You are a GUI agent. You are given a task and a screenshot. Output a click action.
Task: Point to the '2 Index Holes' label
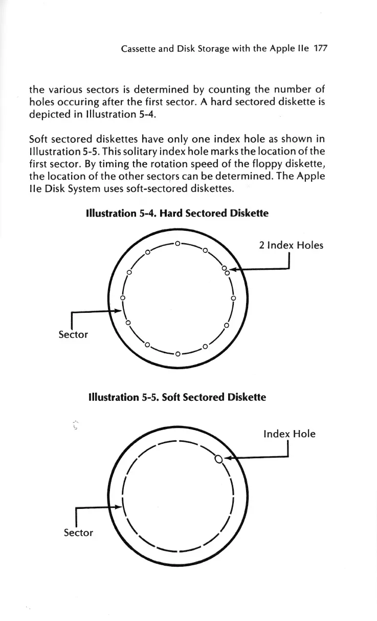(291, 245)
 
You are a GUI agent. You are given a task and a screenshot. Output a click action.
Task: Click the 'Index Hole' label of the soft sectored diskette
(289, 434)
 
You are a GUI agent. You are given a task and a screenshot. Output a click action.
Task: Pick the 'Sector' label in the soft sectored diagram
(78, 532)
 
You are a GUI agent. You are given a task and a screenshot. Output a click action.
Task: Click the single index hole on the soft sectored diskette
(218, 459)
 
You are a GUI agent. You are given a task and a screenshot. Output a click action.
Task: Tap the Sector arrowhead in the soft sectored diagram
(118, 507)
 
